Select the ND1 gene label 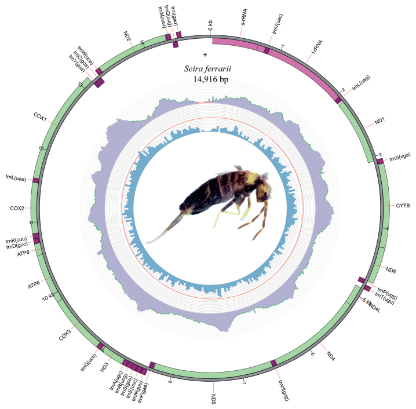click(379, 122)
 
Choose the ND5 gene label click(214, 397)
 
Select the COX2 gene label click(17, 207)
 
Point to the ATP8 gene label click(23, 253)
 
